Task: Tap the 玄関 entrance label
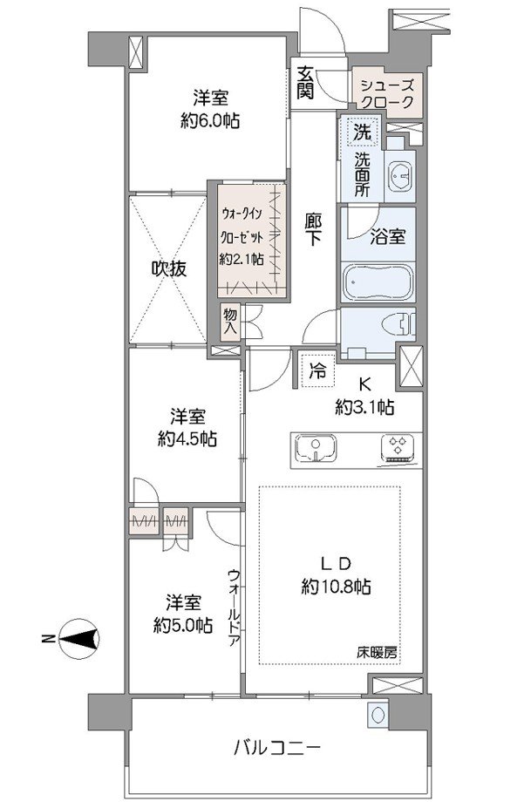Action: (304, 83)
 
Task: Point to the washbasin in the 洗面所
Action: (401, 174)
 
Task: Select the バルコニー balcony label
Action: (278, 747)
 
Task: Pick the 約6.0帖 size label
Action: (210, 121)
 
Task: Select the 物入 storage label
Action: (229, 323)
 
